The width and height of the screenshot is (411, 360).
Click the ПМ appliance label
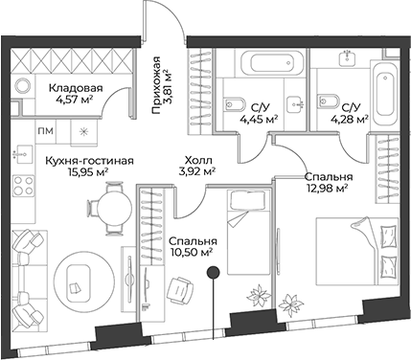tap(46, 130)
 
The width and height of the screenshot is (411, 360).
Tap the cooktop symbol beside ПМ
tap(83, 130)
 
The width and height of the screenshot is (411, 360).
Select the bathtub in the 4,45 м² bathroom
tap(259, 67)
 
